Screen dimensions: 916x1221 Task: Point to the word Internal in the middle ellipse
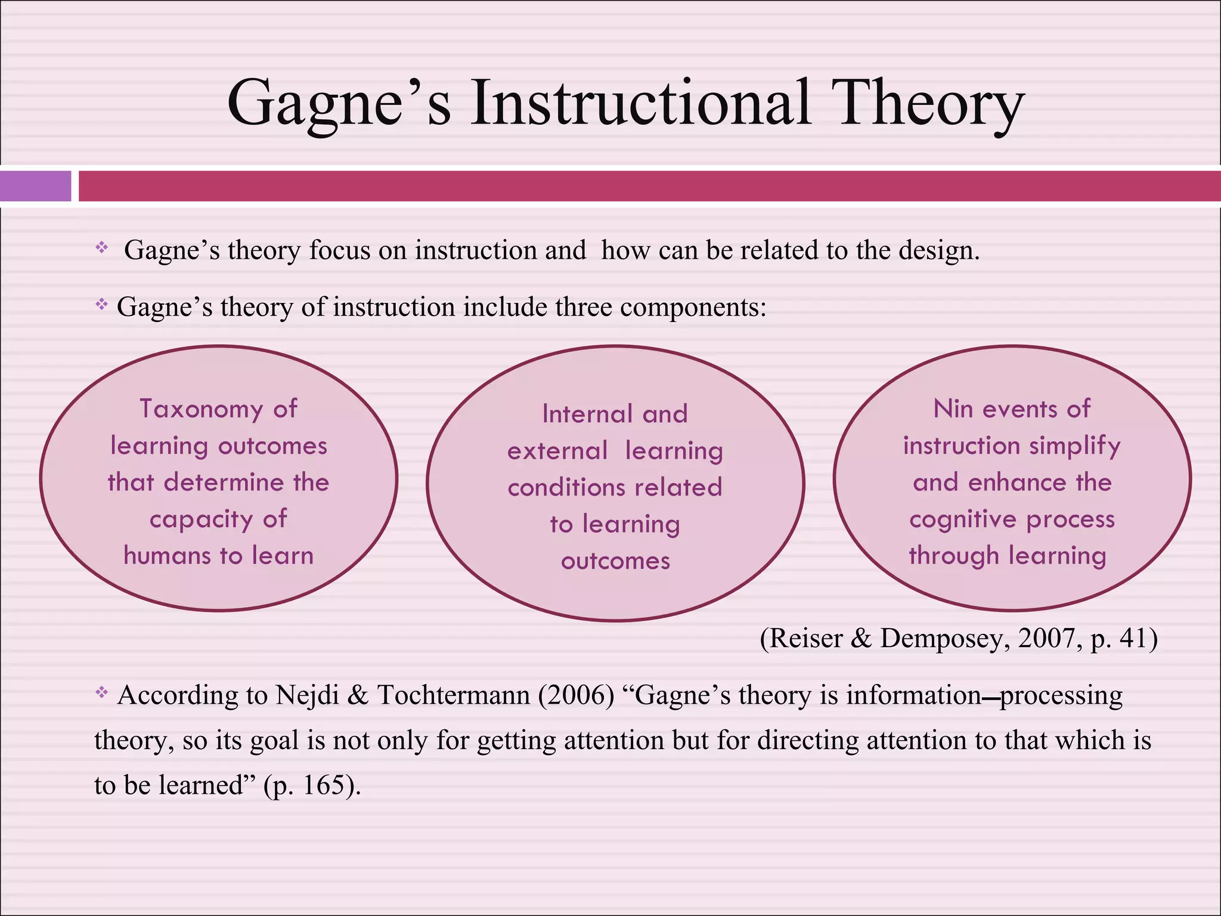[x=587, y=414]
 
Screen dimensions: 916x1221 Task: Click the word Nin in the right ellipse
[x=953, y=409]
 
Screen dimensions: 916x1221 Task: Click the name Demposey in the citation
[x=944, y=638]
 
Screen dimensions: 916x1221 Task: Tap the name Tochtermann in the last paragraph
[x=453, y=695]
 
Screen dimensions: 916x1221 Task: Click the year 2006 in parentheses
[x=576, y=695]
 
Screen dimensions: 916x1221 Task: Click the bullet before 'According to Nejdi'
[x=101, y=692]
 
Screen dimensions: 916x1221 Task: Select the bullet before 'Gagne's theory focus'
[x=101, y=247]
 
